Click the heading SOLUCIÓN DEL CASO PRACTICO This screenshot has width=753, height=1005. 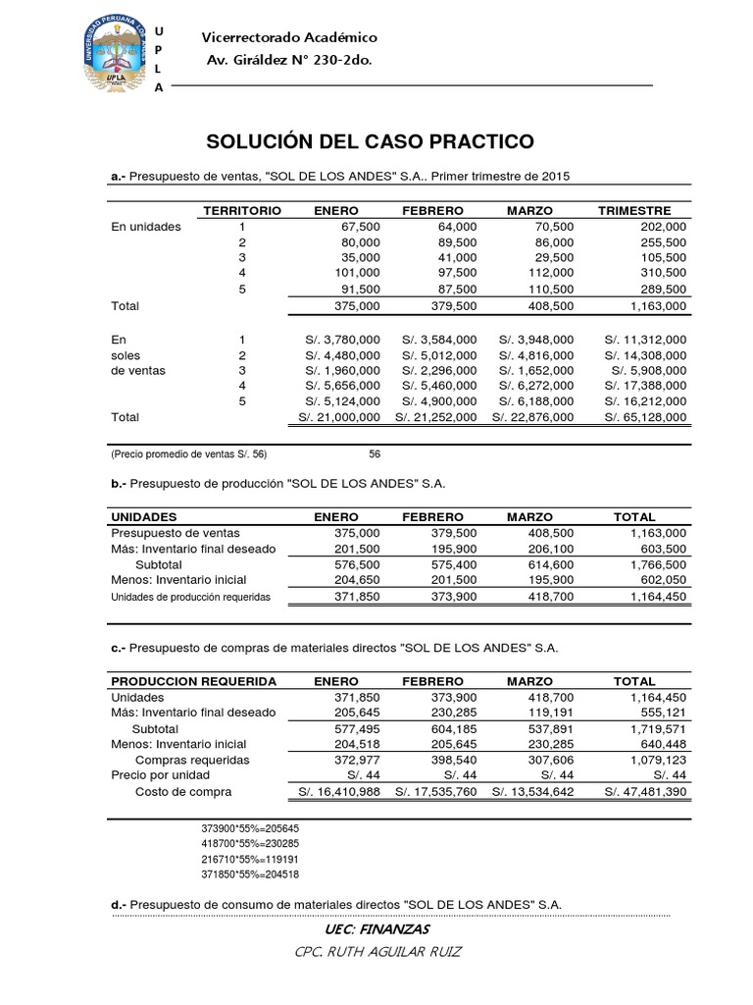pos(370,141)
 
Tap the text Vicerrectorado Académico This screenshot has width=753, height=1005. pos(288,37)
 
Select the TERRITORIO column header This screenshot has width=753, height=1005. pos(241,211)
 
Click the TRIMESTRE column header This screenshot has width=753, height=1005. pos(634,211)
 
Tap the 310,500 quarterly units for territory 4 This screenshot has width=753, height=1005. pos(662,272)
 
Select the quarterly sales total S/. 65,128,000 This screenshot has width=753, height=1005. pos(646,417)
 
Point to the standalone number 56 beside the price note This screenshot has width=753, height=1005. pos(375,454)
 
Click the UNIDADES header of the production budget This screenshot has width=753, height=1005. pos(144,516)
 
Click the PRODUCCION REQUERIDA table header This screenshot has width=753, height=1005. pos(193,680)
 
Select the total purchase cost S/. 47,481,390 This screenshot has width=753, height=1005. pos(646,791)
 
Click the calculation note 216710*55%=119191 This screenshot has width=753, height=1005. pos(250,858)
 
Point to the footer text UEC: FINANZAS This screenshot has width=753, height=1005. pos(376,929)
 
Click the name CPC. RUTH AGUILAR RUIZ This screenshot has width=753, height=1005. pos(376,952)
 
